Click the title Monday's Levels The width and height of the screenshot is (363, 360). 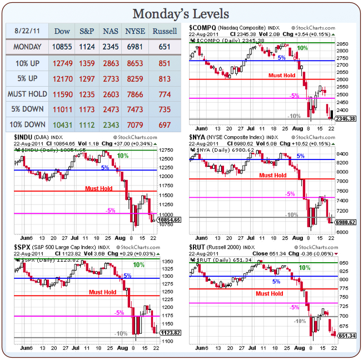pos(181,13)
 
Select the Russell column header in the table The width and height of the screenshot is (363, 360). pos(164,31)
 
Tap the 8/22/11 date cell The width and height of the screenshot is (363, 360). pos(27,31)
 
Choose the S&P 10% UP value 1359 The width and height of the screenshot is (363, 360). pos(87,63)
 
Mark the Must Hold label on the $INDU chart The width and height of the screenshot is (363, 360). pos(98,188)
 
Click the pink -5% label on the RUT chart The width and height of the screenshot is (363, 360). pos(295,307)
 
